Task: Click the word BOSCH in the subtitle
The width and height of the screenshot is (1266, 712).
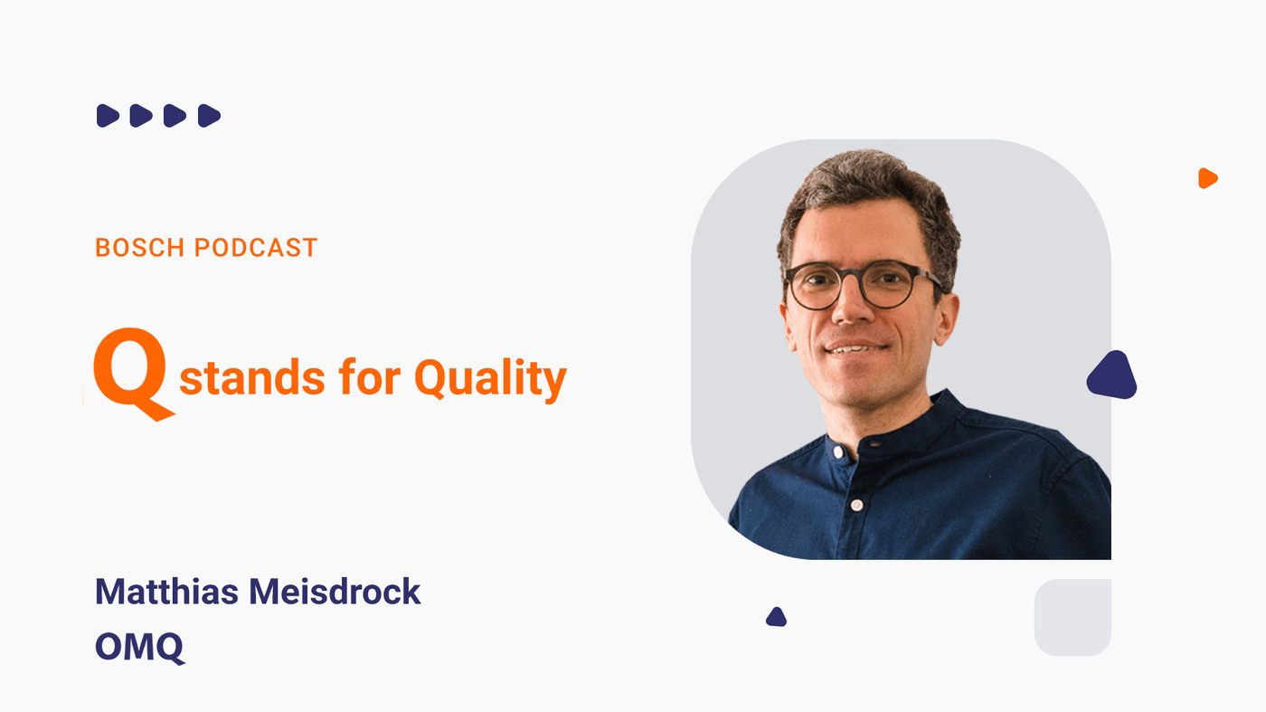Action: tap(140, 248)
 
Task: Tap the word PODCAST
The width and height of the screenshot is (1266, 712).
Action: tap(256, 248)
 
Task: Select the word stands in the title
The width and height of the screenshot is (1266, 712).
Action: tap(252, 377)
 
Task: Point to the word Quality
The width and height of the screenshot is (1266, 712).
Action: tap(490, 379)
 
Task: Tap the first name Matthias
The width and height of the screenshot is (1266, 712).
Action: tap(166, 592)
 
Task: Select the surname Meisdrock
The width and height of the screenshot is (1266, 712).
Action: tap(335, 592)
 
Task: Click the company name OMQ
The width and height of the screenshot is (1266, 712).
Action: tap(139, 647)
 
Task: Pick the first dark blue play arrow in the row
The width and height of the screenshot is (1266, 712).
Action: tap(108, 116)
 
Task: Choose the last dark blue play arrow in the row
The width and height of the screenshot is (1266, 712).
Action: tap(209, 116)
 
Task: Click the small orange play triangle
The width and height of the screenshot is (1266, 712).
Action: tap(1207, 178)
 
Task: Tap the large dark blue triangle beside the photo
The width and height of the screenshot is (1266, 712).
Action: tap(1111, 376)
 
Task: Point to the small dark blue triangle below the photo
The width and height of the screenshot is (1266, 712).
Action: tap(777, 617)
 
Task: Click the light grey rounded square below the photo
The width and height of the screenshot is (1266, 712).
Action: tap(1072, 618)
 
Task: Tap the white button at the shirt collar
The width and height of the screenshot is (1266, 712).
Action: tap(839, 452)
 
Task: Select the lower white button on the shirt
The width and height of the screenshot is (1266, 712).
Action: tap(857, 505)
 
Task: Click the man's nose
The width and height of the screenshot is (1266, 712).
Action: tap(852, 306)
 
